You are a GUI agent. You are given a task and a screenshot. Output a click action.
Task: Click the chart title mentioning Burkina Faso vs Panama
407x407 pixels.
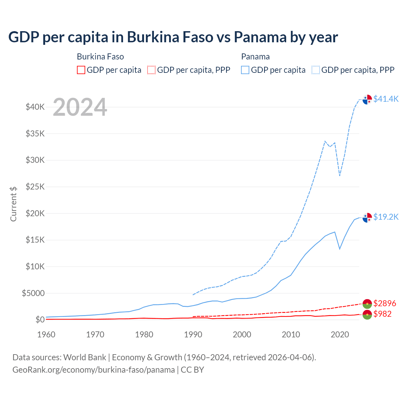pos(173,37)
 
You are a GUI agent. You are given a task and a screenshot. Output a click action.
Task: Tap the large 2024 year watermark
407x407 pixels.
pos(80,107)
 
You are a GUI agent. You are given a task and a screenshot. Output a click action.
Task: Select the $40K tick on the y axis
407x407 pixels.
pos(35,107)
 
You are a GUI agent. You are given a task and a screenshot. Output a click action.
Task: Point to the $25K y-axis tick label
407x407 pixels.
pos(35,187)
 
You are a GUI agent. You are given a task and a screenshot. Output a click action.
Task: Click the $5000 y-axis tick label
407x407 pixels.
pos(33,293)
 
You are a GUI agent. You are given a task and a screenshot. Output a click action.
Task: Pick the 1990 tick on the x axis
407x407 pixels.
pos(193,335)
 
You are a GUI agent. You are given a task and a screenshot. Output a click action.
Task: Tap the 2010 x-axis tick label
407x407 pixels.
pos(291,335)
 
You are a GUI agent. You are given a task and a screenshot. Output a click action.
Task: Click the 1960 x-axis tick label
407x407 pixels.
pos(46,335)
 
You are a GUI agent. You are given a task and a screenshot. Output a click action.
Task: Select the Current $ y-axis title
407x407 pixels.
pos(13,204)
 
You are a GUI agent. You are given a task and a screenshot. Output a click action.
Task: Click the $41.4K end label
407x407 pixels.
pos(386,99)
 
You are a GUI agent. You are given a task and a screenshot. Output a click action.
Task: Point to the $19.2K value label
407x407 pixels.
pos(386,217)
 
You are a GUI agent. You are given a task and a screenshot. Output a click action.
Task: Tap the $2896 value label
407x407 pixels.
pos(385,303)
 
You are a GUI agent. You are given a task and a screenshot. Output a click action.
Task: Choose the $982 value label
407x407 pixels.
pos(383,314)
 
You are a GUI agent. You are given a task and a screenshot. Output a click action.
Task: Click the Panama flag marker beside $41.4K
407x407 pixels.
pos(367,99)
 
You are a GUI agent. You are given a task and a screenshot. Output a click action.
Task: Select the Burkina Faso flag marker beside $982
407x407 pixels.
pos(367,315)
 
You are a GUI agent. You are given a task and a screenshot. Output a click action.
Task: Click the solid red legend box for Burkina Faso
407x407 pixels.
pos(81,70)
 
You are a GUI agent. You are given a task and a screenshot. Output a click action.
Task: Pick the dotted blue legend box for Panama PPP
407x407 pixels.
pos(316,70)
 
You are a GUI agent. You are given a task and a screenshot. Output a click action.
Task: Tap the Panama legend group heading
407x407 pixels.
pos(255,57)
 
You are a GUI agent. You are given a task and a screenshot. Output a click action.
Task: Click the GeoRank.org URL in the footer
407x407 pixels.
pos(93,370)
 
